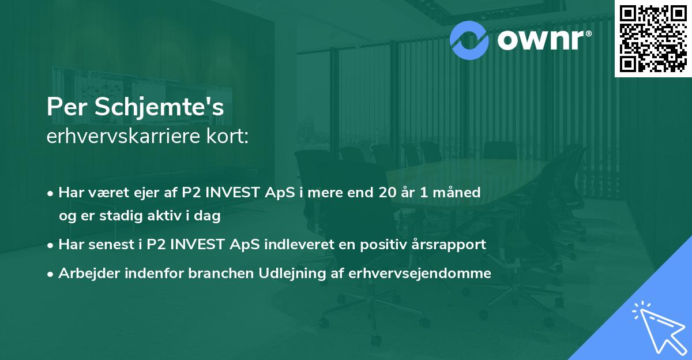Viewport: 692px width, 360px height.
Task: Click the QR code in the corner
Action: [x=653, y=38]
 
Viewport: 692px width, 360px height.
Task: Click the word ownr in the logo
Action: [x=542, y=39]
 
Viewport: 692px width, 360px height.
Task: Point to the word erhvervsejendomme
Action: [x=420, y=273]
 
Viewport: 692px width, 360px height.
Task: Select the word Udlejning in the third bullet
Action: [x=291, y=274]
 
